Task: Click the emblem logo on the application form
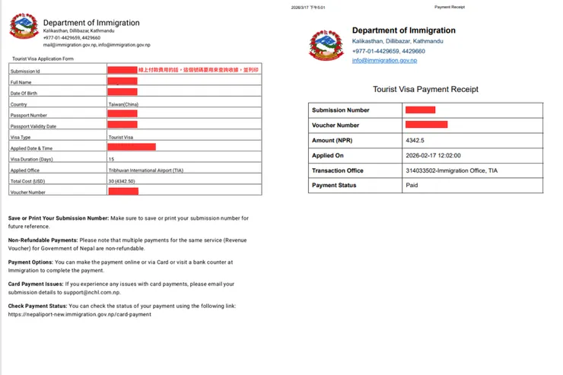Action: click(x=24, y=27)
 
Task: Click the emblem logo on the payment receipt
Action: click(x=326, y=44)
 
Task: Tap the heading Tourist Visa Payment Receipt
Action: click(x=425, y=89)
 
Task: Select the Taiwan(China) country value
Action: click(x=123, y=104)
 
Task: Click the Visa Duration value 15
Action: click(x=112, y=159)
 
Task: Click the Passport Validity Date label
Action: click(x=33, y=126)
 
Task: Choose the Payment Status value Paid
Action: click(x=412, y=185)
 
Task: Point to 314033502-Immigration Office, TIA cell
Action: click(x=451, y=170)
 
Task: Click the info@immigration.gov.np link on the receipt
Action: click(x=384, y=60)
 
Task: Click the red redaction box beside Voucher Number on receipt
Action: click(x=426, y=125)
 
